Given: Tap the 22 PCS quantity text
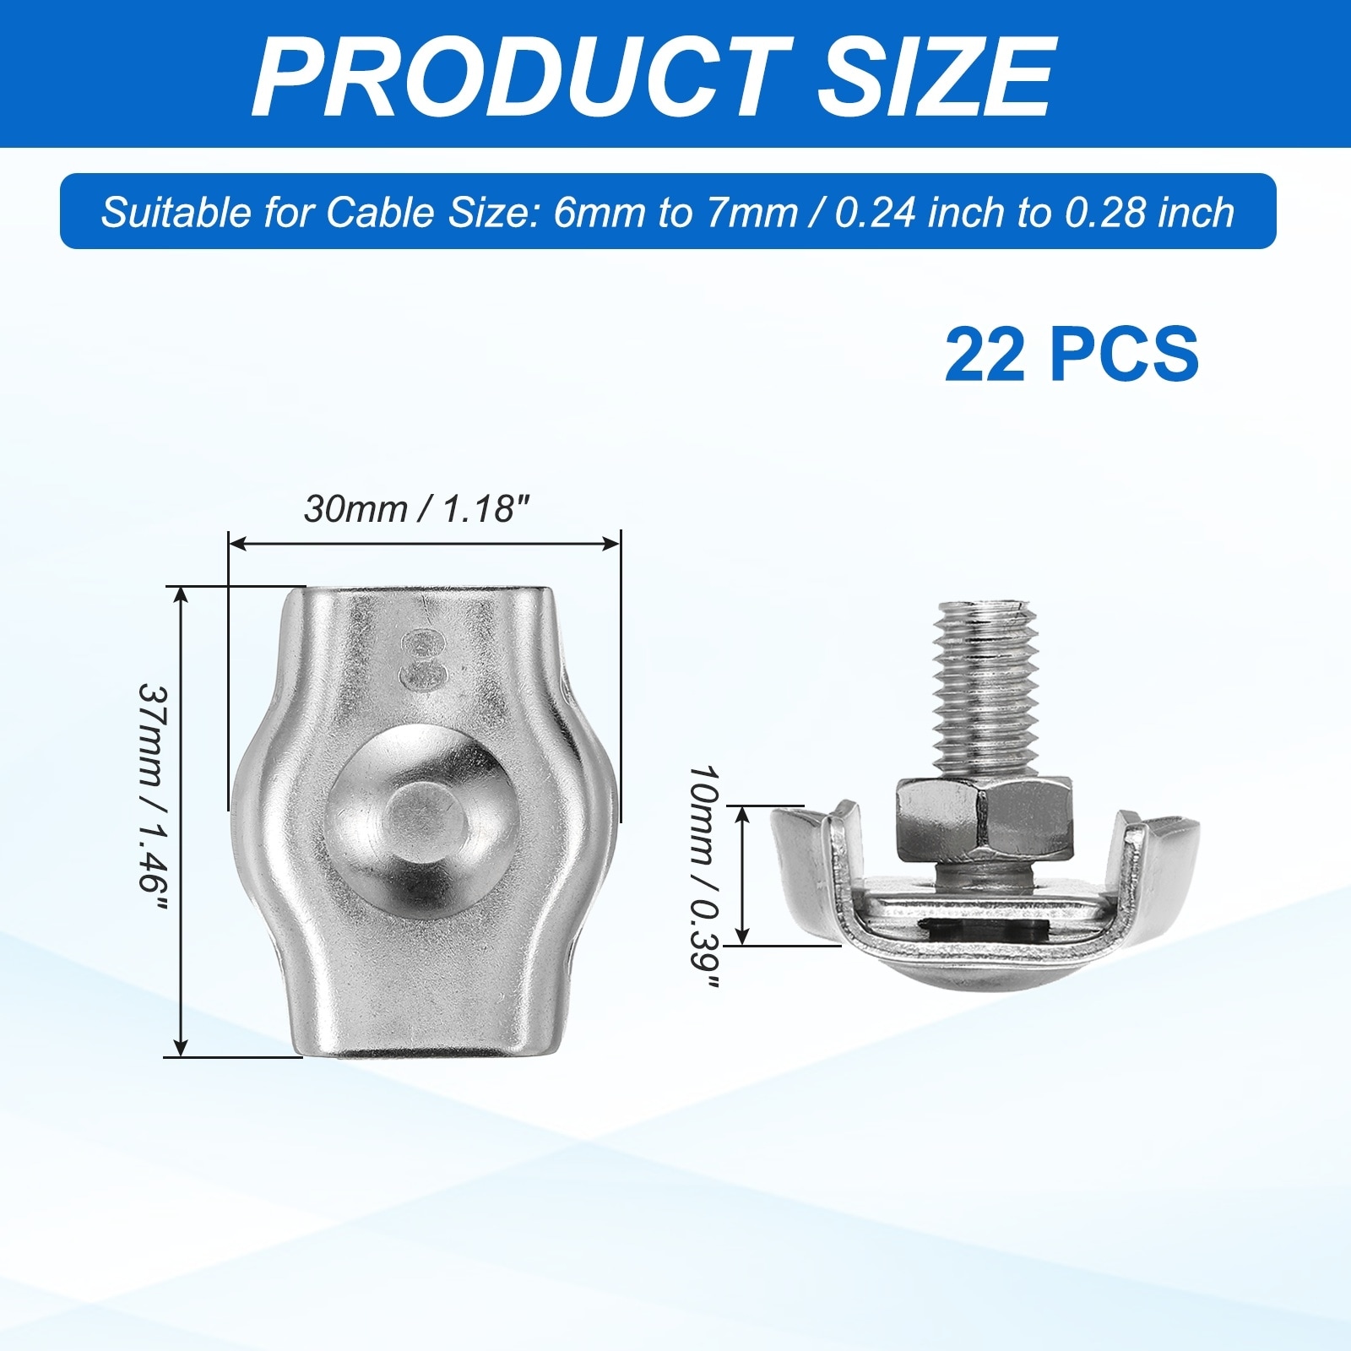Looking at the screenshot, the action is pos(1072,354).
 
